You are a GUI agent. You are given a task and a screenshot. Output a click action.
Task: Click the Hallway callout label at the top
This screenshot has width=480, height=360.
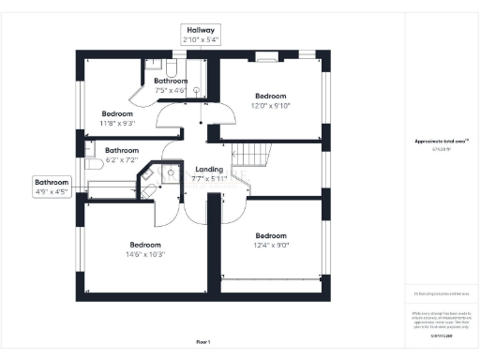(x=202, y=29)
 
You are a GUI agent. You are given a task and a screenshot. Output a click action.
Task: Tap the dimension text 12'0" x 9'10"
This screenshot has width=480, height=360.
(x=271, y=106)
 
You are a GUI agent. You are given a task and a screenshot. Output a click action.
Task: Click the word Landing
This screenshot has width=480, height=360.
(x=209, y=168)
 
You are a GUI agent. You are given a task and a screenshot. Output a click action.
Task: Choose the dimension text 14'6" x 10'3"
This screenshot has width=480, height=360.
(x=146, y=254)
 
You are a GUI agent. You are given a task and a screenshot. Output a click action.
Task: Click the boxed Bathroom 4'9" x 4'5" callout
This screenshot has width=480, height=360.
(x=52, y=186)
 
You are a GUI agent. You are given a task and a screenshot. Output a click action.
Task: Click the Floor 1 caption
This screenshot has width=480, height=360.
(x=203, y=342)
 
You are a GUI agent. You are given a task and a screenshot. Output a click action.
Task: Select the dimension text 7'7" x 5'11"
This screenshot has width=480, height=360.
(x=209, y=178)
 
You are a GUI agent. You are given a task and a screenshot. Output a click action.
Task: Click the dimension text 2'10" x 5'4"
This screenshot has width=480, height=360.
(x=202, y=40)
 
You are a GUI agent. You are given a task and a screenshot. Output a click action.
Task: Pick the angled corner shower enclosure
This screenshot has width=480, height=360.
(x=170, y=173)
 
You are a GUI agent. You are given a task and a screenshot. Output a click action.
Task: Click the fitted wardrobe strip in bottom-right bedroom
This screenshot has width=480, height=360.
(x=275, y=278)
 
